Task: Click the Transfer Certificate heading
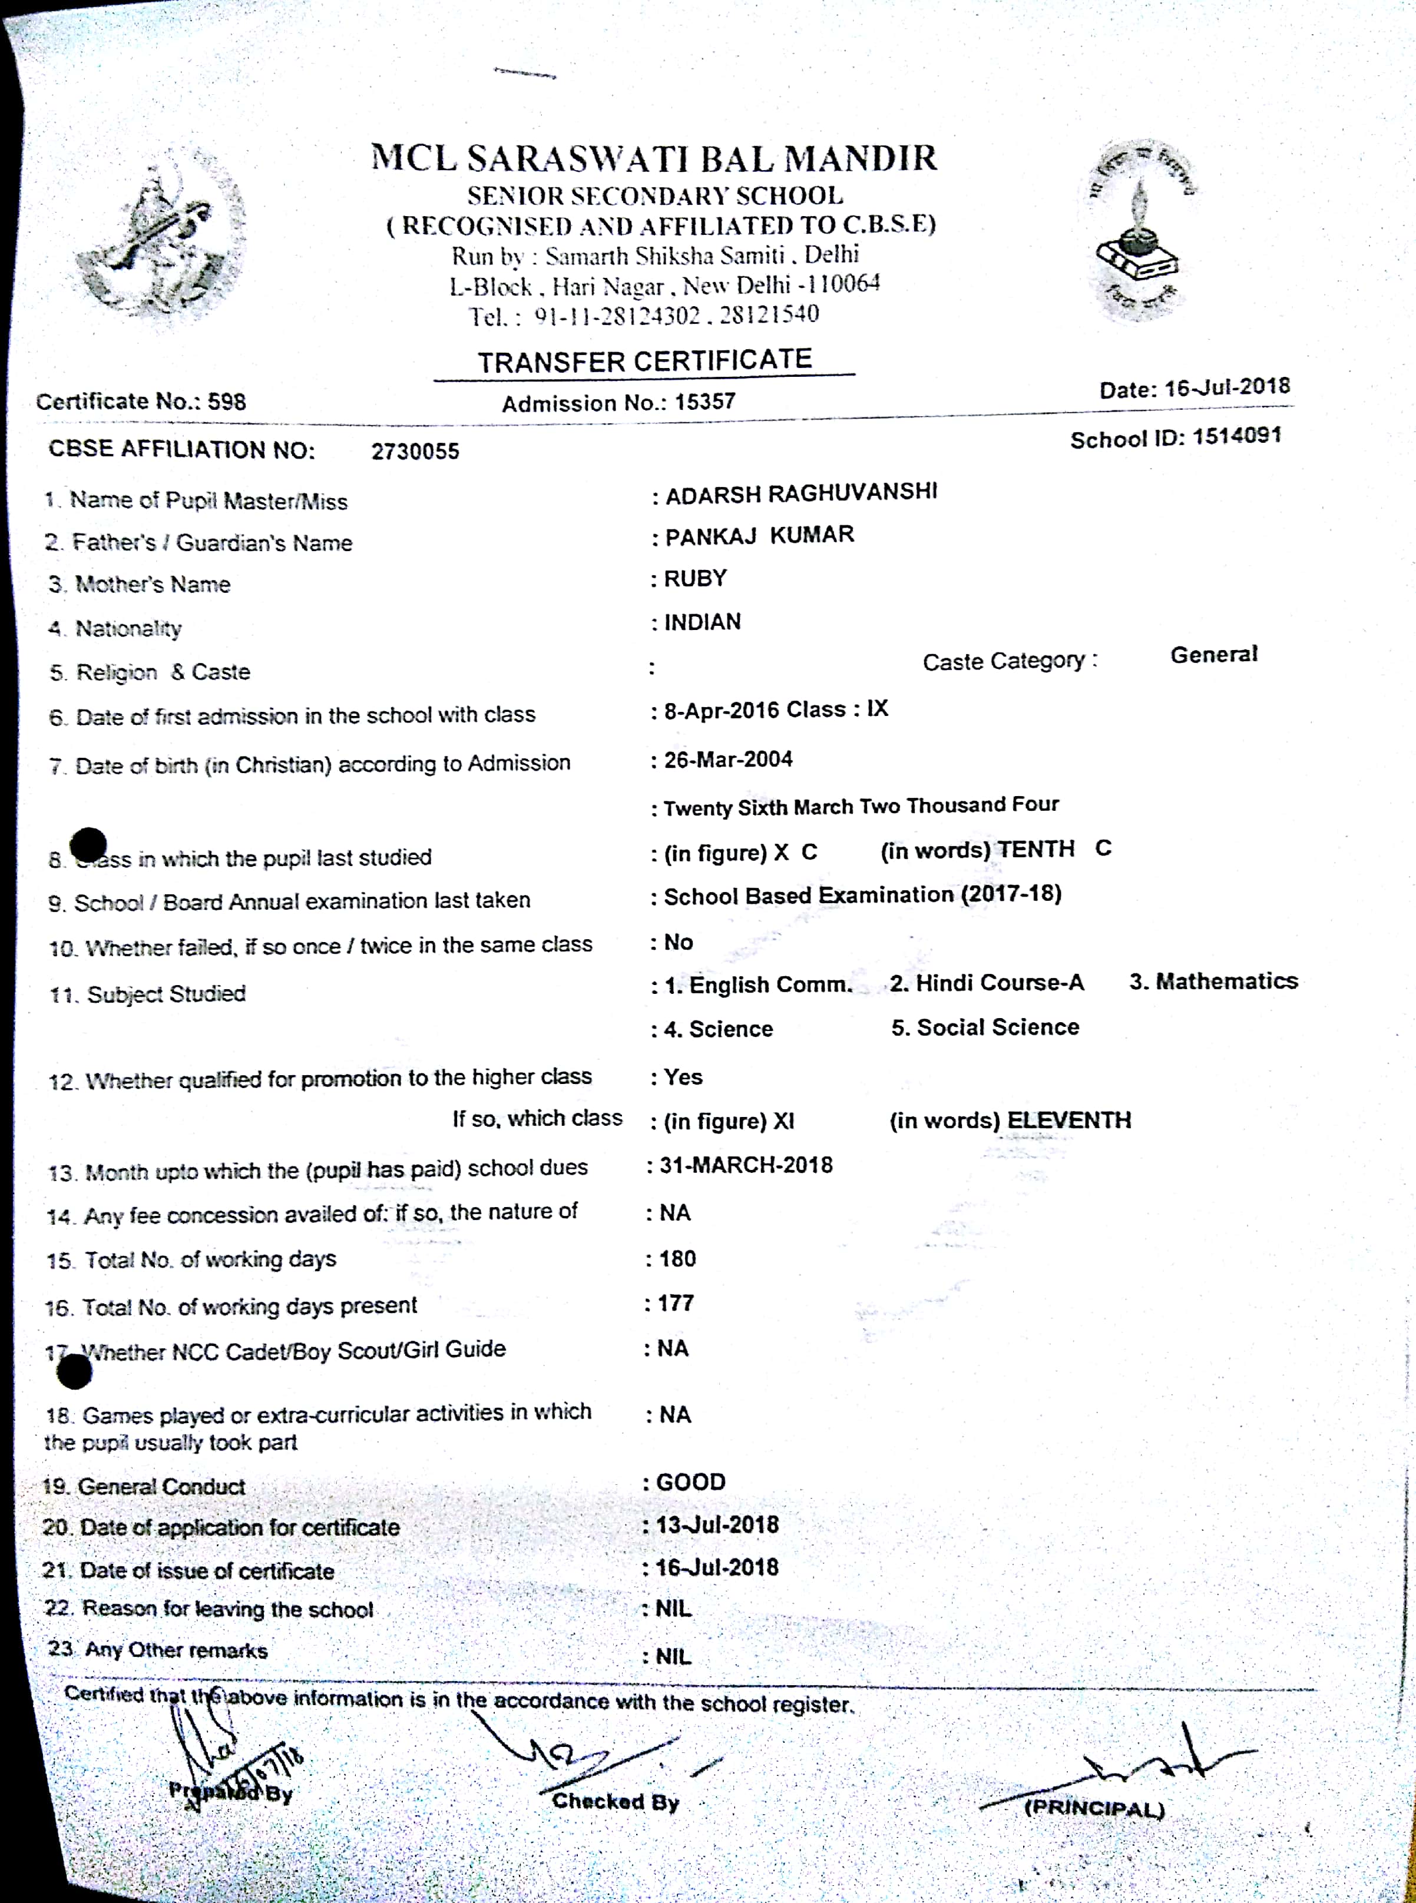(644, 361)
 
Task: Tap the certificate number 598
(227, 402)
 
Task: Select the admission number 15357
(704, 402)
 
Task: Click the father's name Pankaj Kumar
(759, 536)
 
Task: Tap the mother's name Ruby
(695, 579)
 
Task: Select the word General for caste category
(1214, 655)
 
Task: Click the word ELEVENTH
(1069, 1120)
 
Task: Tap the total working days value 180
(677, 1259)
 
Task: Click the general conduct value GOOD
(691, 1482)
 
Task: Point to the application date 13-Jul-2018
(717, 1525)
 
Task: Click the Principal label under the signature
(1094, 1809)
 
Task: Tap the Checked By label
(616, 1802)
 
